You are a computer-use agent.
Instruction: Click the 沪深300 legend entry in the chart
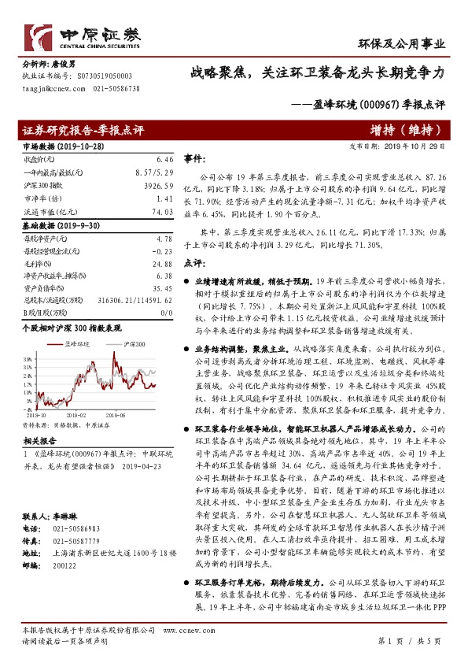(136, 345)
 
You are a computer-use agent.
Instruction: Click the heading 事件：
(195, 158)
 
